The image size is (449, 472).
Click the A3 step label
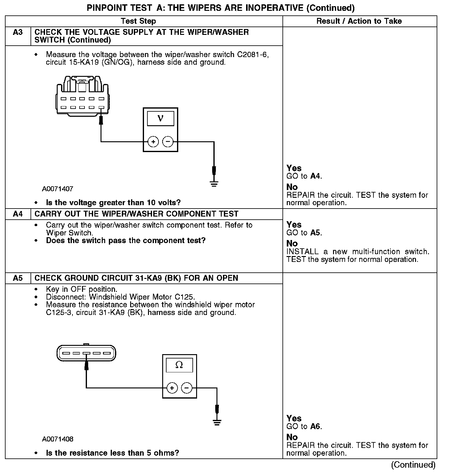click(x=18, y=32)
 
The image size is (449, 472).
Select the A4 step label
click(x=18, y=214)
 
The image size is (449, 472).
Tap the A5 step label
click(x=18, y=278)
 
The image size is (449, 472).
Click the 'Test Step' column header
click(x=138, y=21)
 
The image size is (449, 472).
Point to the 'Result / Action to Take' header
click(x=359, y=21)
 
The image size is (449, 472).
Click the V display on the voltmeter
click(x=160, y=119)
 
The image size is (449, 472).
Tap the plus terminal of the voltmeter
click(x=153, y=142)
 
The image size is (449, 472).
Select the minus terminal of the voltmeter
click(x=168, y=142)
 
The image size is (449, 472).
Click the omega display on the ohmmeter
click(x=179, y=365)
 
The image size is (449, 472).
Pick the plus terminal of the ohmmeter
click(x=172, y=388)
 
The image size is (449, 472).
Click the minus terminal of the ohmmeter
click(x=187, y=388)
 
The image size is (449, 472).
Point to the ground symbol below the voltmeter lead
click(x=214, y=184)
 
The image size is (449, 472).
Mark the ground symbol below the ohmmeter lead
click(x=217, y=423)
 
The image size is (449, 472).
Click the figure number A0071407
click(x=58, y=189)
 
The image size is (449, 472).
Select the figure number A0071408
click(x=58, y=439)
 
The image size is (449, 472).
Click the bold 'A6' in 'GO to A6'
click(x=316, y=427)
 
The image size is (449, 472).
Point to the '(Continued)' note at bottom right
click(x=413, y=465)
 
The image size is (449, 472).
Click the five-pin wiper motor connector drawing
click(x=86, y=353)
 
